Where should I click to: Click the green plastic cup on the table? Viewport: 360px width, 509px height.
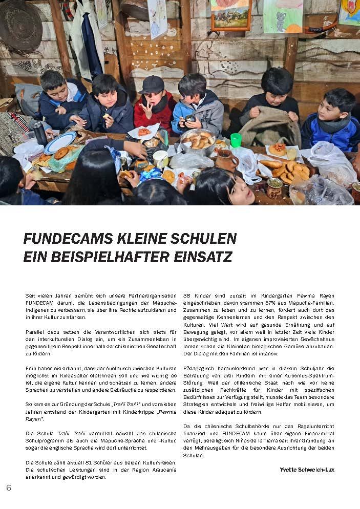point(236,140)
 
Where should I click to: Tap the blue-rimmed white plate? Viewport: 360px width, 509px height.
point(60,142)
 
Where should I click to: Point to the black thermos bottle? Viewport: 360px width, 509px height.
point(40,133)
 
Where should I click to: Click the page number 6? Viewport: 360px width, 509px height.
point(8,487)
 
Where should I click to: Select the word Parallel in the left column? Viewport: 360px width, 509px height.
point(36,332)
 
